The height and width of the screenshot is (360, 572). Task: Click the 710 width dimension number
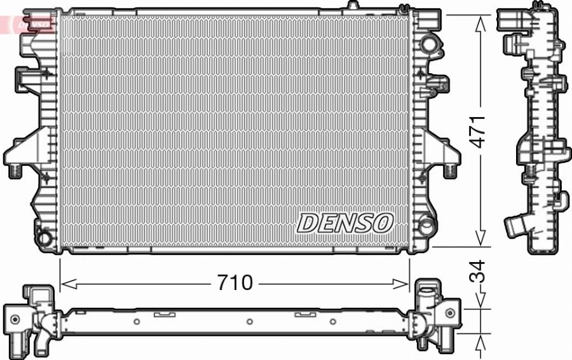(x=235, y=283)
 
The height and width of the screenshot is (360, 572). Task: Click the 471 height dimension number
(x=477, y=131)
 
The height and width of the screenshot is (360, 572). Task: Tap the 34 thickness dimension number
(x=477, y=272)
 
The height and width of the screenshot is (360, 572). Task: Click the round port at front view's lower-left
(x=44, y=239)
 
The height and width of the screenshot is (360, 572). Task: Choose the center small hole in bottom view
(x=249, y=322)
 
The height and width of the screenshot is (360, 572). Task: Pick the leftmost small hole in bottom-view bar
(x=137, y=322)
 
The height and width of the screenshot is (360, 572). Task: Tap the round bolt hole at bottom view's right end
(x=450, y=312)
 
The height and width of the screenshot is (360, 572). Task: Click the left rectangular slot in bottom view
(x=164, y=314)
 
